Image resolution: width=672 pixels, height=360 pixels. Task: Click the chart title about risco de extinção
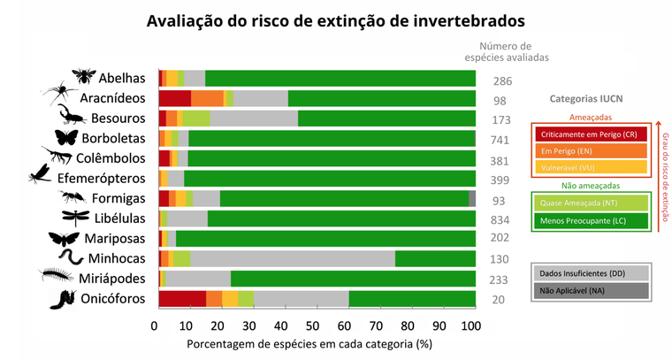[336, 19]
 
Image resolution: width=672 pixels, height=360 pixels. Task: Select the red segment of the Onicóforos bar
[182, 299]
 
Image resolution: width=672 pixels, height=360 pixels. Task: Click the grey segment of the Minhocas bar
[292, 258]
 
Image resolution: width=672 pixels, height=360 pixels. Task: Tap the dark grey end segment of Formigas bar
[472, 198]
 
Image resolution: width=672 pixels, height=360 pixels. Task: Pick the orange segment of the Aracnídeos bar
[207, 97]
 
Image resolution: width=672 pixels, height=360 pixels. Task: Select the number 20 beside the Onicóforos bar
[500, 299]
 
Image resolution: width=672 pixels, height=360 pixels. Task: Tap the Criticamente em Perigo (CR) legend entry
[590, 134]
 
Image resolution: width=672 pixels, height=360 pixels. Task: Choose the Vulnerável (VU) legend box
[590, 166]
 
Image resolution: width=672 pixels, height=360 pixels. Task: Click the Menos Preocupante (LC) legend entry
[590, 219]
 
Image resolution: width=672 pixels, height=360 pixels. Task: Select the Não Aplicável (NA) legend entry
[590, 289]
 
